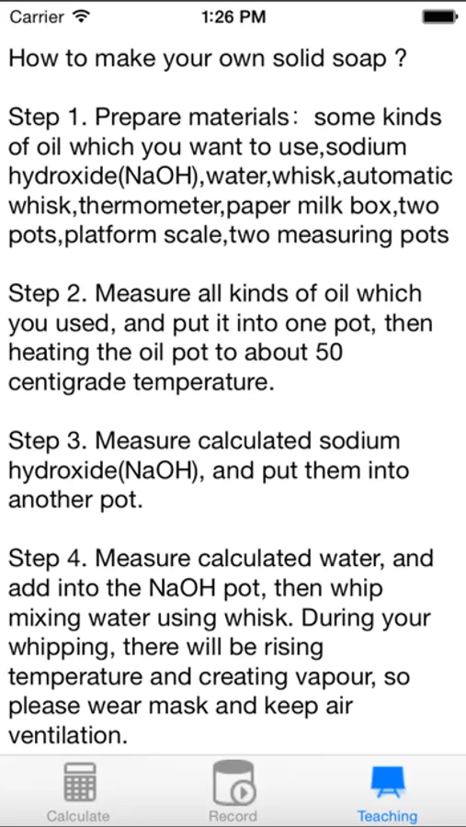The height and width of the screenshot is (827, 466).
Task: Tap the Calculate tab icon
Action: click(79, 783)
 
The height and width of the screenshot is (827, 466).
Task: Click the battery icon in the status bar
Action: click(439, 17)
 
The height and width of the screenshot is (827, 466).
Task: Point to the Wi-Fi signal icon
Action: click(81, 17)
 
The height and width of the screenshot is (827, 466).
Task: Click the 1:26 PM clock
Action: click(233, 17)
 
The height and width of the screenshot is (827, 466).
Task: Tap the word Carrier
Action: click(38, 17)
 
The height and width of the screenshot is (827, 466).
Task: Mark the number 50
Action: click(328, 353)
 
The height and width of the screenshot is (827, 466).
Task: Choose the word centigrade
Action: click(66, 383)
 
